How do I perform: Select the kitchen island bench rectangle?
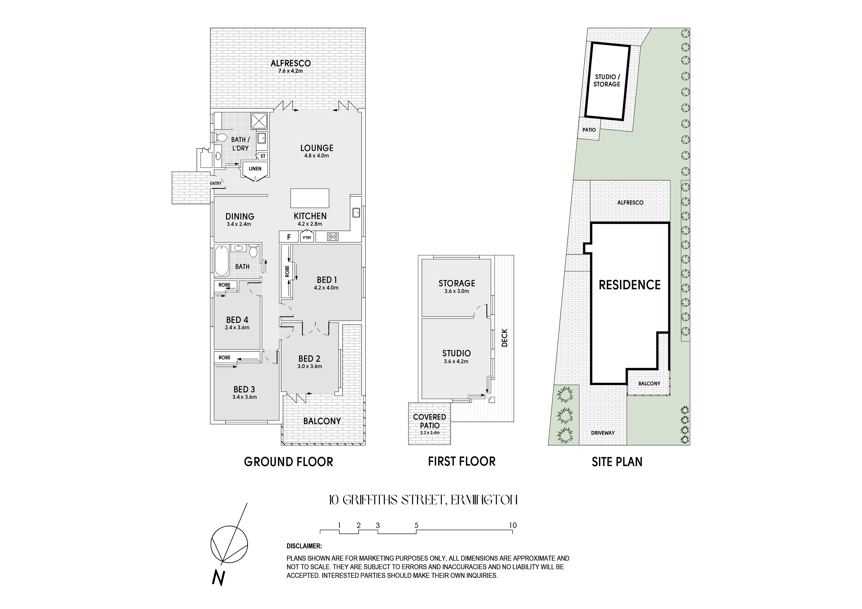[x=310, y=198]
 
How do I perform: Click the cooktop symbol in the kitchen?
[x=333, y=237]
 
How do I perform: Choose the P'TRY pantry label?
[x=307, y=237]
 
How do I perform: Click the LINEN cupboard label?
[x=255, y=168]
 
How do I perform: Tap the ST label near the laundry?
[x=263, y=156]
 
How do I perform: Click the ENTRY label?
[x=216, y=183]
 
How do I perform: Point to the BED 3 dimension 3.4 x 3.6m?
[x=244, y=397]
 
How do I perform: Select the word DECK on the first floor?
[x=504, y=338]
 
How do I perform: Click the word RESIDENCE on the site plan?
[x=630, y=285]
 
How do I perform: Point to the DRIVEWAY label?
[x=603, y=433]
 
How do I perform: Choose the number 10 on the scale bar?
[x=513, y=525]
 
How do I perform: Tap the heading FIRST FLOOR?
[x=462, y=461]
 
